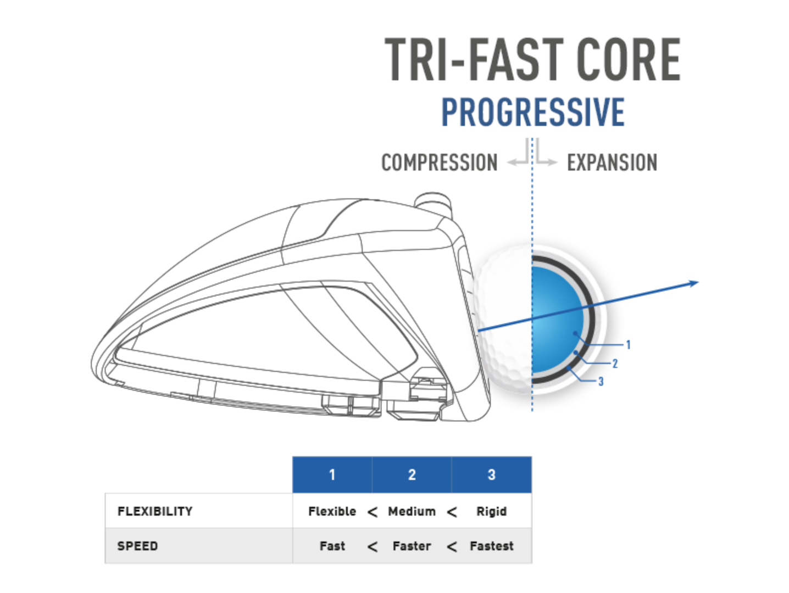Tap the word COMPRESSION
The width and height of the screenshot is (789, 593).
pyautogui.click(x=439, y=163)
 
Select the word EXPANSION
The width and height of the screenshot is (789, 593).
pyautogui.click(x=612, y=163)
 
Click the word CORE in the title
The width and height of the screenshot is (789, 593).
pyautogui.click(x=629, y=60)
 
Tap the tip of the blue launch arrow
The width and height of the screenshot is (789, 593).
pyautogui.click(x=698, y=282)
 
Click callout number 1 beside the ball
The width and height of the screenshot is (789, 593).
pyautogui.click(x=629, y=345)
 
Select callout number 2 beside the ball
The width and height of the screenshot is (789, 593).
pyautogui.click(x=615, y=363)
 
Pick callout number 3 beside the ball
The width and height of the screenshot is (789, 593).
pyautogui.click(x=601, y=382)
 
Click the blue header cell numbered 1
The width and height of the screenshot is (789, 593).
pyautogui.click(x=332, y=474)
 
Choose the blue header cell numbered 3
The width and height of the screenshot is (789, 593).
pyautogui.click(x=491, y=474)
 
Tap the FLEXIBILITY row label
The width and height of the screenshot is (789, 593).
pyautogui.click(x=155, y=511)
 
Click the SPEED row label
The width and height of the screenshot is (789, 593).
pyautogui.click(x=138, y=546)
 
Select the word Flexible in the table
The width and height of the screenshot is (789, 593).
pyautogui.click(x=332, y=511)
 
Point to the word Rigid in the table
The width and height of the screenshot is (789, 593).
pyautogui.click(x=491, y=512)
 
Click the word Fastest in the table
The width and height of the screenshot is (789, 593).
pyautogui.click(x=491, y=546)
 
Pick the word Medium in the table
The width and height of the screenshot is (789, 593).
pyautogui.click(x=412, y=511)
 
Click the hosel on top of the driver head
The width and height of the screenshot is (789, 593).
pyautogui.click(x=433, y=201)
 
